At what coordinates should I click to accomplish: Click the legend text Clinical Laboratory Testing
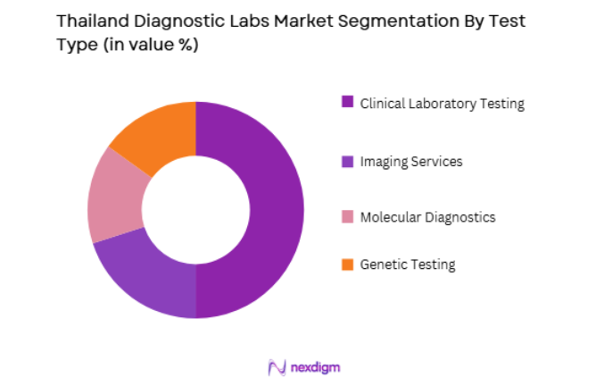point(442,103)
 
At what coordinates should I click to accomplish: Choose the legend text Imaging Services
point(411,162)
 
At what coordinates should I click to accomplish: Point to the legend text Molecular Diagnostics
point(427,217)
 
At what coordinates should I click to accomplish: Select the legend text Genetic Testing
point(408,265)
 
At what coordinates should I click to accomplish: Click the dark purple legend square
point(347,102)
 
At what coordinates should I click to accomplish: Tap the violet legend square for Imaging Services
point(347,162)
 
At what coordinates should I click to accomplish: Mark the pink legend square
point(347,217)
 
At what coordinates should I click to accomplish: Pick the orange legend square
point(347,265)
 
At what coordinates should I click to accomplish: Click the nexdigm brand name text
point(316,366)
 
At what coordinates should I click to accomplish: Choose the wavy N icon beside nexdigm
point(277,367)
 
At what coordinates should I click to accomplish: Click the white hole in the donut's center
point(195,209)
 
